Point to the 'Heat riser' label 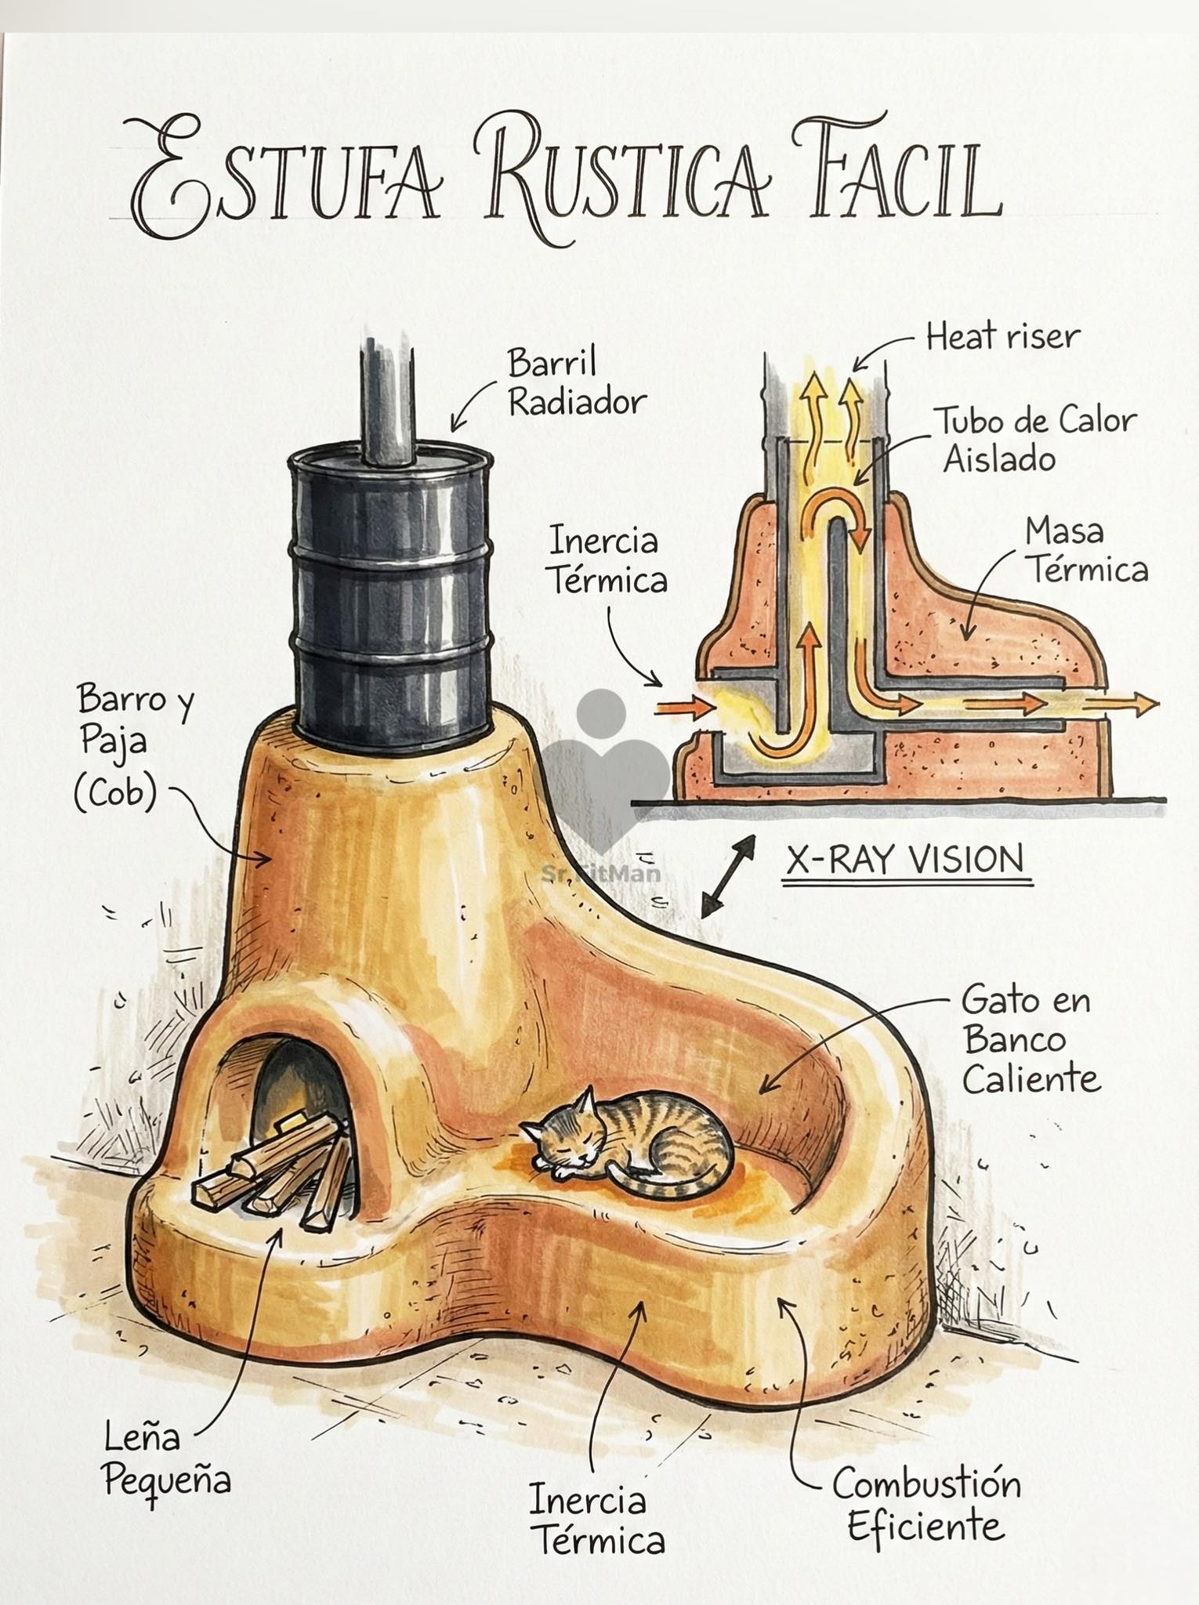pyautogui.click(x=1003, y=338)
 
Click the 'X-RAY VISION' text pyautogui.click(x=906, y=859)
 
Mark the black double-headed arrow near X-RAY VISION pyautogui.click(x=728, y=876)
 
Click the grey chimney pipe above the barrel pyautogui.click(x=388, y=404)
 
